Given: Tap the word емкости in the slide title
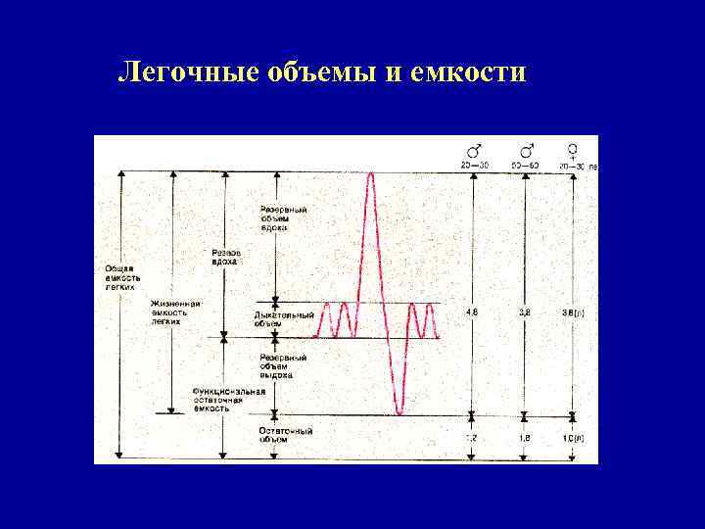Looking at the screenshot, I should (476, 74).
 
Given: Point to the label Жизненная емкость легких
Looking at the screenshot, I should (175, 312).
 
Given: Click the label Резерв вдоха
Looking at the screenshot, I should (226, 257).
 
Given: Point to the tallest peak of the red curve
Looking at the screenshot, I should (371, 175).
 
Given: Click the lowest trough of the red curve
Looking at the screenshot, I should (399, 413).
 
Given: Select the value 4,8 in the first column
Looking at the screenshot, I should (472, 313).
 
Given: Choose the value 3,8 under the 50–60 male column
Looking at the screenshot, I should (526, 313).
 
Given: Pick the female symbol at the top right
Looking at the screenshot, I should (571, 150).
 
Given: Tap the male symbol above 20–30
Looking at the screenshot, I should (474, 150).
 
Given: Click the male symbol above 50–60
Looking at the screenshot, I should (527, 150).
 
